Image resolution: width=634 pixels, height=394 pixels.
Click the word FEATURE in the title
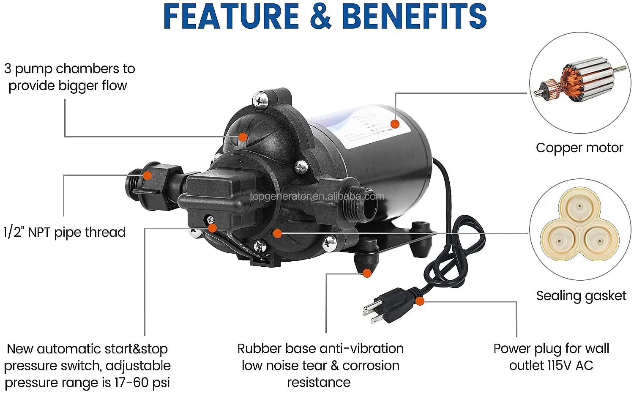(231, 16)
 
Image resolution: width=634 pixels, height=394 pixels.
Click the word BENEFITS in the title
(414, 16)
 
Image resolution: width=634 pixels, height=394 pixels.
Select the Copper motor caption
(579, 148)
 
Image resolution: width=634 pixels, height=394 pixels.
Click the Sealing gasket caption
(581, 295)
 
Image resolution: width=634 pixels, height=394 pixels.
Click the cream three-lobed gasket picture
(579, 229)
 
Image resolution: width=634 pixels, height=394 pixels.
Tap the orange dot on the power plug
(420, 301)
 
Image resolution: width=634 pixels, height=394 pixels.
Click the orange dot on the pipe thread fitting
(147, 175)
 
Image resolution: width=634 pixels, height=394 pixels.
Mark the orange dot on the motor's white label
(395, 124)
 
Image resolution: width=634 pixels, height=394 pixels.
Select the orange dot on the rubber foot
(367, 273)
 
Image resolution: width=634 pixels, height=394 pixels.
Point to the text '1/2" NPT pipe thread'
(65, 232)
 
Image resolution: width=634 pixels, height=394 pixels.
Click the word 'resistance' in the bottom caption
(319, 383)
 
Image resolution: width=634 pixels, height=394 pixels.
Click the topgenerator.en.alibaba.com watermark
(317, 197)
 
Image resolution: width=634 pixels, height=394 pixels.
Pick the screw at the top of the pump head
(261, 100)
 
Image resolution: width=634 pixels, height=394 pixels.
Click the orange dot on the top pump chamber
(243, 137)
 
